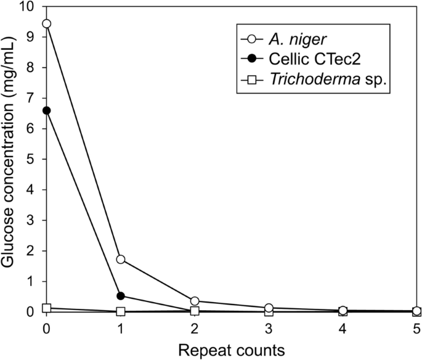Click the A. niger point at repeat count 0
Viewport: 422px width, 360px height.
click(46, 23)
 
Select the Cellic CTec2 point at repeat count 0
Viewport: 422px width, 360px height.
click(46, 110)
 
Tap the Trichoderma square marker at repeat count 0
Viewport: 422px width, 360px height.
click(46, 308)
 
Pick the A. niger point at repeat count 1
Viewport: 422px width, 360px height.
click(121, 260)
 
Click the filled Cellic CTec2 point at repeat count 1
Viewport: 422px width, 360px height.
click(121, 296)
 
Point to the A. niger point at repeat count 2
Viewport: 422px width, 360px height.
click(195, 301)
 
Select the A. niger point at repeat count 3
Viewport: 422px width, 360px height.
click(269, 308)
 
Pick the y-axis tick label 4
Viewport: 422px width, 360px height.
click(31, 190)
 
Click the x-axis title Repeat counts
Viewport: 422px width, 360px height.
click(232, 349)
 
